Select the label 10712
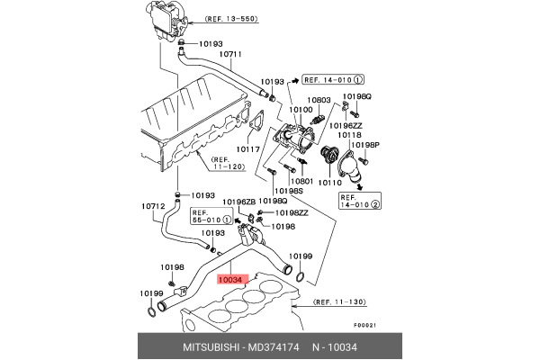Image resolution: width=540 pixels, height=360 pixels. (x=153, y=206)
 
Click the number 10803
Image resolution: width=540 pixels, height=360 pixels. (x=319, y=101)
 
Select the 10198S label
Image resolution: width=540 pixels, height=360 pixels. (x=288, y=192)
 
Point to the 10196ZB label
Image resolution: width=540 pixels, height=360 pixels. (x=240, y=202)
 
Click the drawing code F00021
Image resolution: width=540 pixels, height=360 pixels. (x=364, y=325)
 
